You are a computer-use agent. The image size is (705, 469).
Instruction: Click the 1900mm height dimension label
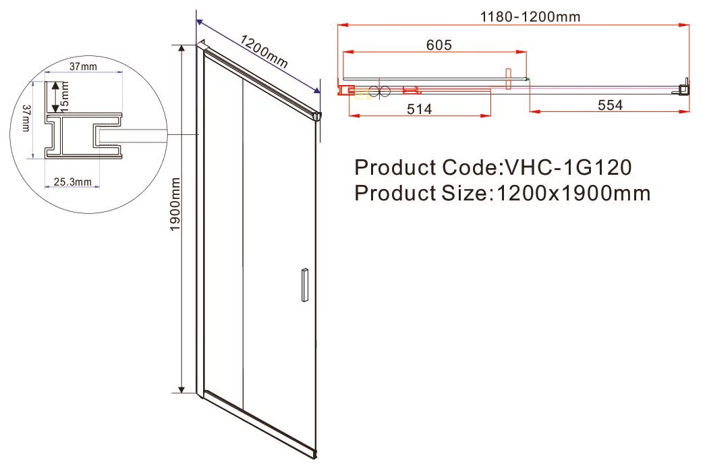(x=175, y=204)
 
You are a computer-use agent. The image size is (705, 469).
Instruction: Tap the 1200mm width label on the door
(x=263, y=51)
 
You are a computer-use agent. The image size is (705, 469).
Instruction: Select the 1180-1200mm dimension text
(x=530, y=17)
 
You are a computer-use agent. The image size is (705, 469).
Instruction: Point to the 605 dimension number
(x=439, y=45)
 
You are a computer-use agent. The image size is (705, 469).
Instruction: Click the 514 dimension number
(x=419, y=109)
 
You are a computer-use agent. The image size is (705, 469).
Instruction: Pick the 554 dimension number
(x=610, y=105)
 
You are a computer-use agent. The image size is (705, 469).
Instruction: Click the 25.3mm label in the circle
(x=72, y=182)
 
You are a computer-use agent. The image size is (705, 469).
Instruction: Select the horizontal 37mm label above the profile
(x=83, y=67)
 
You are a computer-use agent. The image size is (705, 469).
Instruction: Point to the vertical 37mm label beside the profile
(x=26, y=118)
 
